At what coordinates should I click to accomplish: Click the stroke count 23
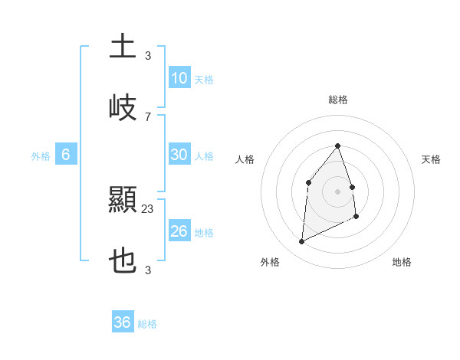pyautogui.click(x=148, y=208)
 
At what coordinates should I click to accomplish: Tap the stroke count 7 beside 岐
pyautogui.click(x=148, y=116)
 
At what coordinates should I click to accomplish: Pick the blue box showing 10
pyautogui.click(x=179, y=78)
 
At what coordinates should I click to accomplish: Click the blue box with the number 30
pyautogui.click(x=179, y=155)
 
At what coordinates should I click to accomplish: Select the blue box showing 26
pyautogui.click(x=179, y=231)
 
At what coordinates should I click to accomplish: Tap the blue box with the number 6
pyautogui.click(x=66, y=155)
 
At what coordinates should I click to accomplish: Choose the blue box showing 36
pyautogui.click(x=123, y=322)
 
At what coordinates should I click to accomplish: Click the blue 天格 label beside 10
pyautogui.click(x=204, y=80)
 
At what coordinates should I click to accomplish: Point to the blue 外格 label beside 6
pyautogui.click(x=41, y=156)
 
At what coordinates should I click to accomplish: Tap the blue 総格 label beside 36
pyautogui.click(x=147, y=324)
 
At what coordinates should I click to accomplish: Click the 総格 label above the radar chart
pyautogui.click(x=338, y=100)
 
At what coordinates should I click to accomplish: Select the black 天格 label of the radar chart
pyautogui.click(x=431, y=159)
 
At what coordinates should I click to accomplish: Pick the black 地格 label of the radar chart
pyautogui.click(x=402, y=262)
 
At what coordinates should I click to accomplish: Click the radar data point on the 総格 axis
pyautogui.click(x=338, y=146)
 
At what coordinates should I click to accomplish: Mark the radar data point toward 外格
pyautogui.click(x=301, y=242)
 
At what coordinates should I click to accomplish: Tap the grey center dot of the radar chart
pyautogui.click(x=338, y=191)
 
